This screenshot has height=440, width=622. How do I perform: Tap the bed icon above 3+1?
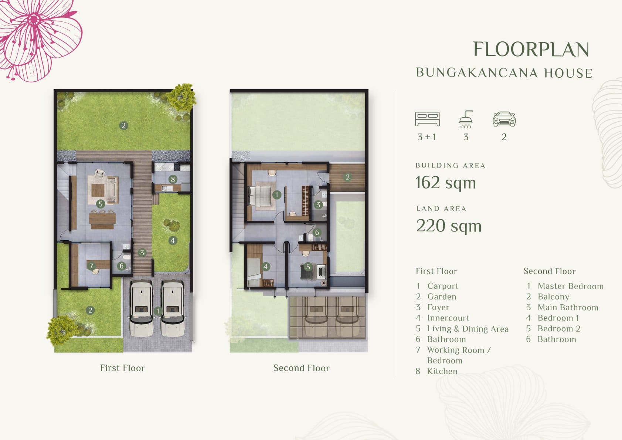(427, 119)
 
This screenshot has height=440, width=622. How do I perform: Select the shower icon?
(466, 119)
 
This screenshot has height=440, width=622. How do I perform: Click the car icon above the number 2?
(504, 119)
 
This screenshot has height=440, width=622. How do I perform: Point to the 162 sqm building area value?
(446, 183)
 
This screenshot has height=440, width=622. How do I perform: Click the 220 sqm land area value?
(449, 226)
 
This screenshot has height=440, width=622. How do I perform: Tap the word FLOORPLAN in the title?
(531, 50)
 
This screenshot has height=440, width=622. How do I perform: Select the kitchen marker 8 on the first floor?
(173, 179)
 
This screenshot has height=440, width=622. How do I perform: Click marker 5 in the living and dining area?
(101, 204)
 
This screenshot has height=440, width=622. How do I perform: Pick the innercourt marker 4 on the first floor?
(173, 240)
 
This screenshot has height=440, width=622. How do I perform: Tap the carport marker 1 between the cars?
(158, 311)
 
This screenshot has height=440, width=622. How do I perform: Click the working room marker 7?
(91, 266)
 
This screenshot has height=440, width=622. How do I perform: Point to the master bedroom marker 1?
(276, 195)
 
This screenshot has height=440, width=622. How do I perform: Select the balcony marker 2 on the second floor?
(347, 177)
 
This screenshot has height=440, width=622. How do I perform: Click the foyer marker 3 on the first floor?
(142, 253)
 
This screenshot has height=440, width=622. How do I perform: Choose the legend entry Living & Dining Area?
(468, 329)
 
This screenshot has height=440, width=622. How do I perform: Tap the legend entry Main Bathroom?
(568, 308)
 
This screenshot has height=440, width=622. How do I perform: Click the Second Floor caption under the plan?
(302, 368)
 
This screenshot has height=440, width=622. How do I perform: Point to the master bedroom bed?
(260, 196)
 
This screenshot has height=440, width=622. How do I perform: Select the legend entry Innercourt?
(448, 318)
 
